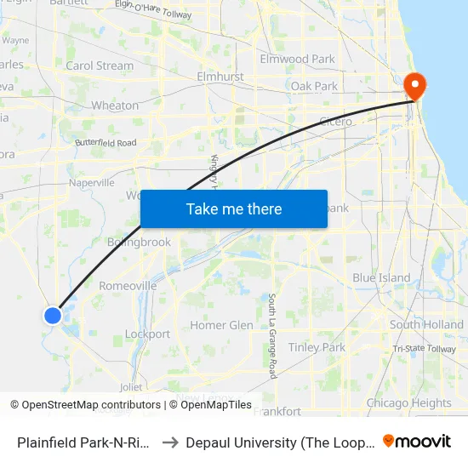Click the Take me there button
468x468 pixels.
234,209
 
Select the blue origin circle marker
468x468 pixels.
53,316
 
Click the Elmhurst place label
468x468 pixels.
220,77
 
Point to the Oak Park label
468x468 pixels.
314,86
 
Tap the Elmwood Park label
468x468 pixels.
298,59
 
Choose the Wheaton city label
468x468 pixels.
114,106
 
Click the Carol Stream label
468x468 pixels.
100,66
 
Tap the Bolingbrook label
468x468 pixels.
139,242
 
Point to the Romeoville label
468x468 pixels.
128,286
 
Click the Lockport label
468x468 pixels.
147,334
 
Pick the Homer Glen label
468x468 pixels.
221,325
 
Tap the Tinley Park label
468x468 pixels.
317,347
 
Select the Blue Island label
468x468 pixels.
381,278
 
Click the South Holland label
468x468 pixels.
426,325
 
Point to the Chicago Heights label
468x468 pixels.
408,403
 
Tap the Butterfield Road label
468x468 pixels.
106,143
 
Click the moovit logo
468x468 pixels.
417,441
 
